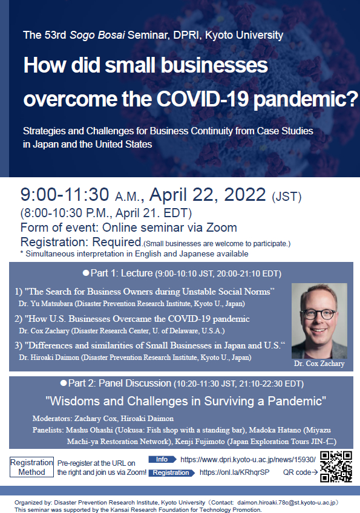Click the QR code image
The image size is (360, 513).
click(x=336, y=466)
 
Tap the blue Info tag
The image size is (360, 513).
click(x=162, y=459)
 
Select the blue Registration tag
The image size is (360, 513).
click(x=172, y=472)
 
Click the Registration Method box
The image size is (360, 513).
click(x=31, y=467)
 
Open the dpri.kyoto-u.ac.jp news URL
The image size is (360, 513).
click(x=248, y=459)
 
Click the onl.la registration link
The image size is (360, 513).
click(x=234, y=472)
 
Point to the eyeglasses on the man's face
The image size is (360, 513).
click(x=319, y=314)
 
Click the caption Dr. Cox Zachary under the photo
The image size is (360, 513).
click(x=319, y=364)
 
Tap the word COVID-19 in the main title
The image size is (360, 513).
click(x=203, y=99)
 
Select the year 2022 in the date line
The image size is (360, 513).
click(x=245, y=195)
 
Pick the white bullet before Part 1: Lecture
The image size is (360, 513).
click(x=86, y=273)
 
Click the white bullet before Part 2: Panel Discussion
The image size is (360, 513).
click(x=64, y=383)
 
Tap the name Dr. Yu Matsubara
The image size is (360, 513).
click(x=46, y=304)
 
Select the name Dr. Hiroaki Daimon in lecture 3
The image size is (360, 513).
click(x=49, y=358)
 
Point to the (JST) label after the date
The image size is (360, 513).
click(x=287, y=197)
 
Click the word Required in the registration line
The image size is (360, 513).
click(x=117, y=242)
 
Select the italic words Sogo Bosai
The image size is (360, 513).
click(x=97, y=35)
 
